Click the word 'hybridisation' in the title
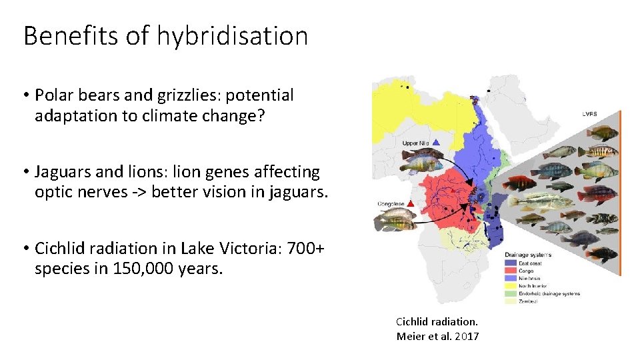(x=233, y=36)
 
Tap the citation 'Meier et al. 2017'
(x=437, y=336)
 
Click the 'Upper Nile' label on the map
(x=415, y=142)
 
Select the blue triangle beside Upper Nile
(x=435, y=141)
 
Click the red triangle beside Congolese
(x=412, y=203)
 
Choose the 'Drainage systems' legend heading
(x=528, y=255)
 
